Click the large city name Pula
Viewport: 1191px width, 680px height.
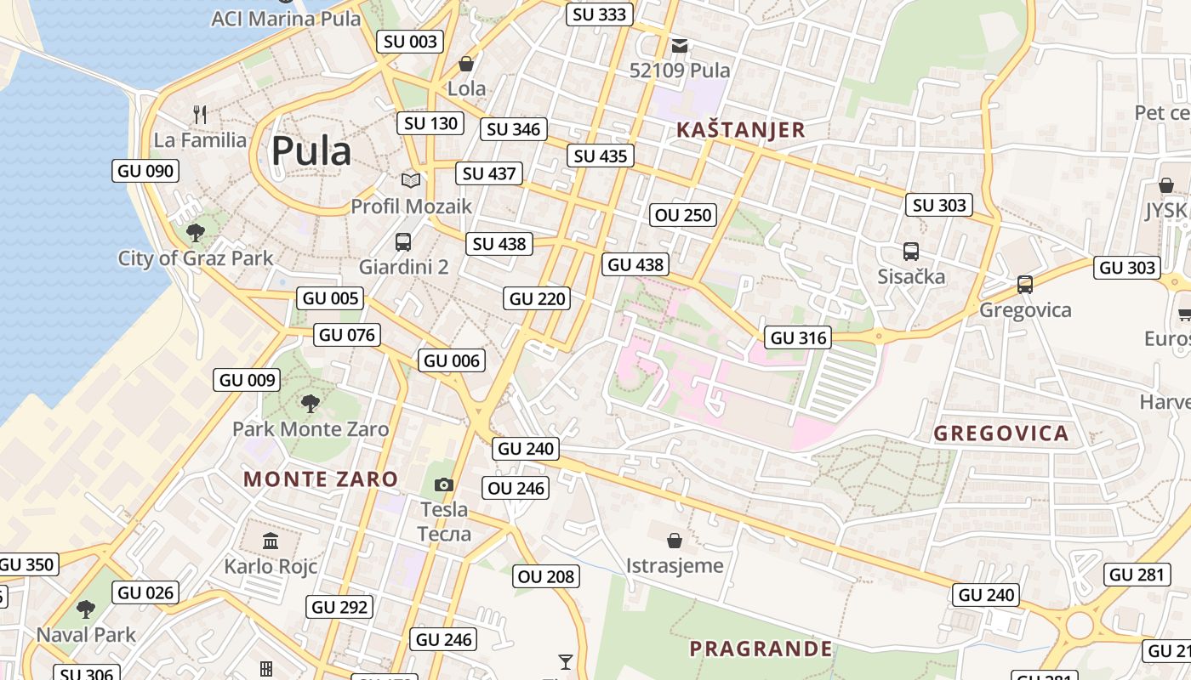tap(311, 151)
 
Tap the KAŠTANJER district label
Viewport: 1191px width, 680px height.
tap(740, 130)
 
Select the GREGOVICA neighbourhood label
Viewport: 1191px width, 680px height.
tap(1001, 433)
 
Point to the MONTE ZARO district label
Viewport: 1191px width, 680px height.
tap(321, 479)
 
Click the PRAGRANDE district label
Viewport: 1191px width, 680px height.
tap(761, 649)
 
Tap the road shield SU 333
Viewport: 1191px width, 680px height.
tap(600, 14)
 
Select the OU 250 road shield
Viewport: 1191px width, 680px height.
tap(683, 215)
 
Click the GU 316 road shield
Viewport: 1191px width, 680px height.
tap(797, 337)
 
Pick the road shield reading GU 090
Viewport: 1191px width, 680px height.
tap(145, 171)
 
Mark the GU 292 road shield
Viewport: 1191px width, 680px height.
tap(340, 607)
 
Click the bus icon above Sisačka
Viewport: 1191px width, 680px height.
tap(911, 252)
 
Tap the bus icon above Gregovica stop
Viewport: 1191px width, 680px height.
tap(1025, 285)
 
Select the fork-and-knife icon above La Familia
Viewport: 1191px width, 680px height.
tap(201, 114)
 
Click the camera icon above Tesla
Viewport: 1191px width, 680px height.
tap(443, 484)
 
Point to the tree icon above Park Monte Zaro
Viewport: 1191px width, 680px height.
tap(311, 403)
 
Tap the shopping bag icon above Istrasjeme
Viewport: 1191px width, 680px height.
tap(675, 540)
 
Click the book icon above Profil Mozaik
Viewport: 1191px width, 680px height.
tap(411, 180)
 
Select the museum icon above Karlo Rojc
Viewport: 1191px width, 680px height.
tap(271, 541)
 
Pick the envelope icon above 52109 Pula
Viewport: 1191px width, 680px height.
tap(680, 45)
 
